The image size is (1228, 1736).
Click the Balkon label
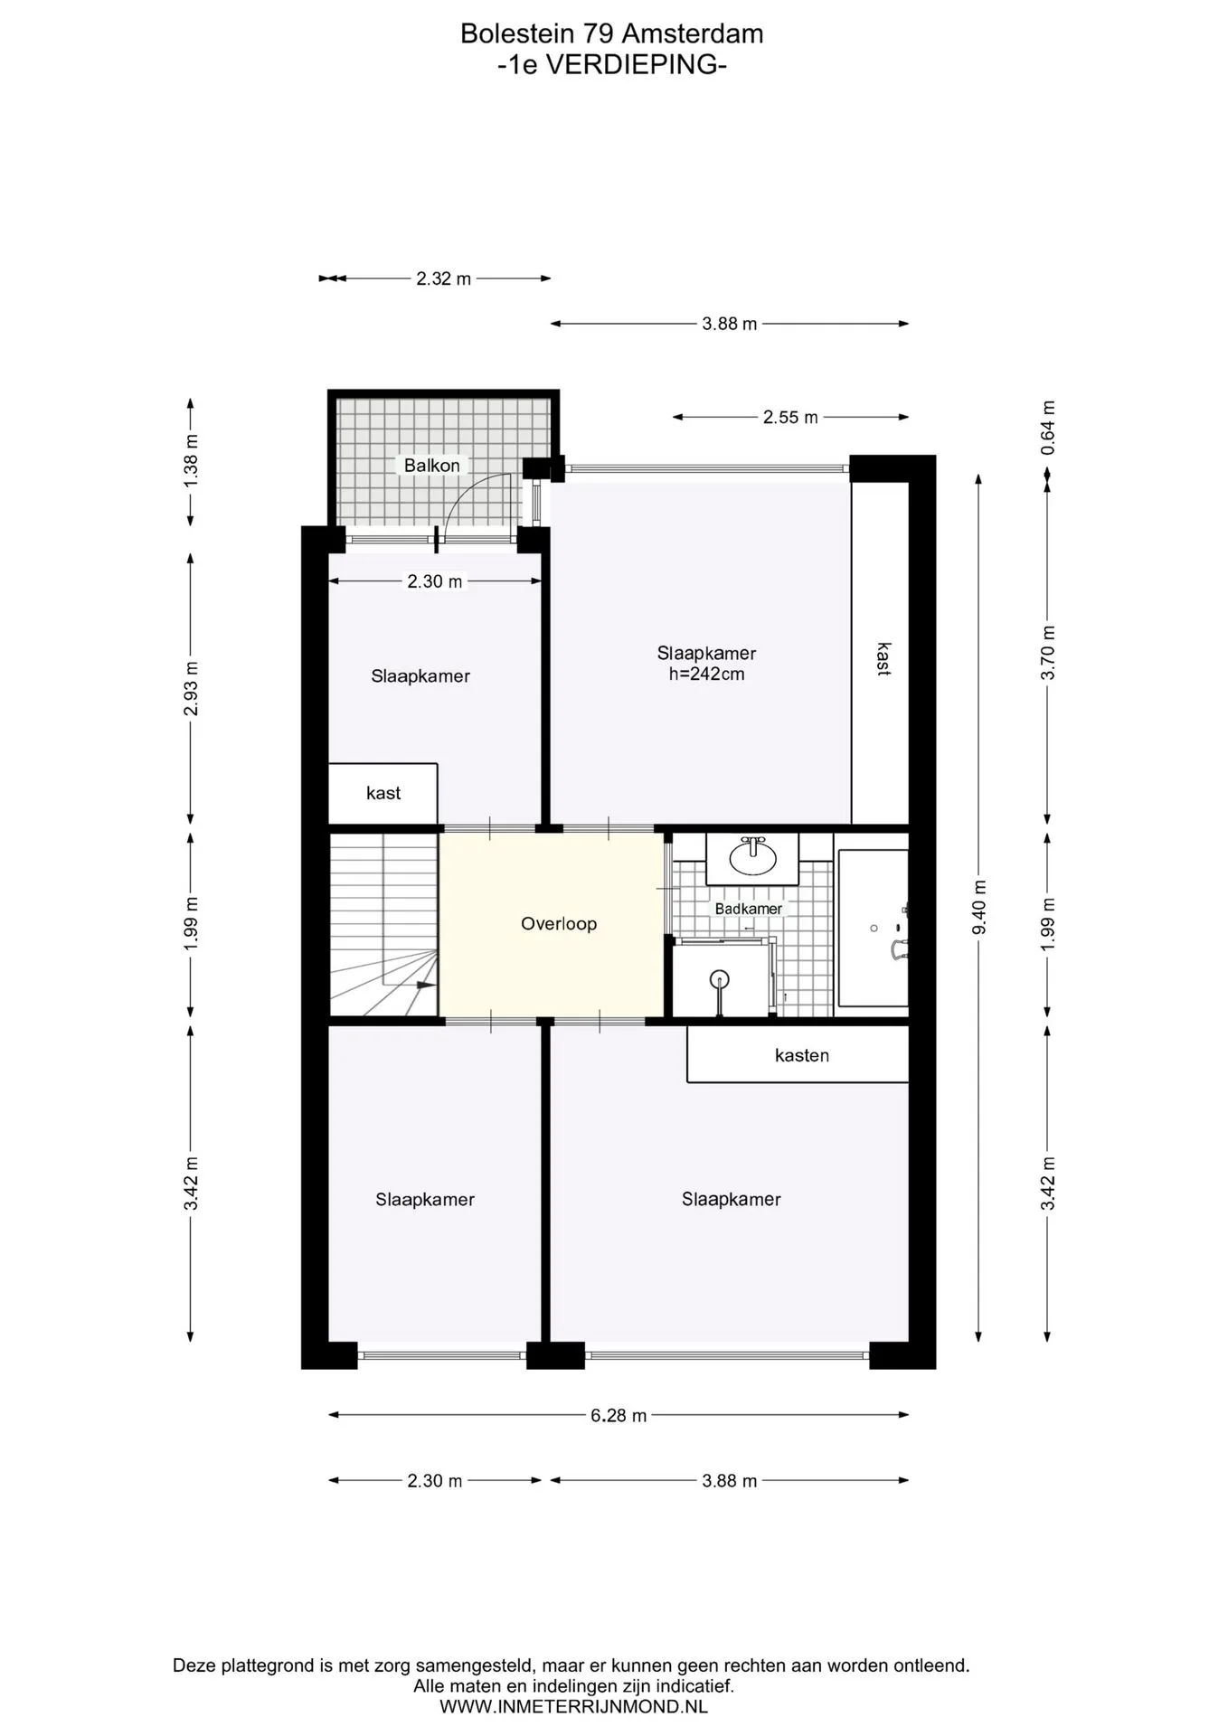tap(431, 465)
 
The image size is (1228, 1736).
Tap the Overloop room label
tap(559, 923)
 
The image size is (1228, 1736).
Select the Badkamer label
tap(749, 909)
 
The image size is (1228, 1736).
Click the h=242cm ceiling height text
tap(707, 674)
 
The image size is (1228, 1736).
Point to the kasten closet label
tap(802, 1055)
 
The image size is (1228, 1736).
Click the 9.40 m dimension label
tap(978, 907)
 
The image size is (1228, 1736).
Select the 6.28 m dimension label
tap(619, 1415)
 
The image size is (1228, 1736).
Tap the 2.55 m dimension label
tap(790, 417)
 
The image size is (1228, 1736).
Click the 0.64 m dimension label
tap(1047, 428)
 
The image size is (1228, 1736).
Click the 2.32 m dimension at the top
tap(443, 278)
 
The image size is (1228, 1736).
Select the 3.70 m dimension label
tap(1047, 653)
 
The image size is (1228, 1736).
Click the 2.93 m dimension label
tap(191, 688)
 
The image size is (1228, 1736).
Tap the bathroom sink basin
tap(752, 857)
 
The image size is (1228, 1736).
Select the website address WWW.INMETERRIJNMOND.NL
tap(573, 1707)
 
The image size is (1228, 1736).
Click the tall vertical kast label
tap(883, 659)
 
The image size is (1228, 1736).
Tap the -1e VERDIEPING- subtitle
tap(612, 65)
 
